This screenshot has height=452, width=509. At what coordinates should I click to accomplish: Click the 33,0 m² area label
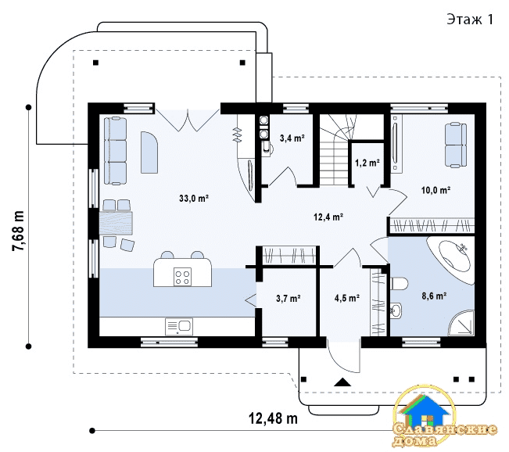click(x=193, y=198)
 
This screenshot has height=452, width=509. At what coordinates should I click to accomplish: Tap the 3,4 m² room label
click(x=292, y=138)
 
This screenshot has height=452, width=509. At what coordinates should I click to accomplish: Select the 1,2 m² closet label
click(x=367, y=163)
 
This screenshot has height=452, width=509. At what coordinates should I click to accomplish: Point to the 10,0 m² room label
click(x=436, y=189)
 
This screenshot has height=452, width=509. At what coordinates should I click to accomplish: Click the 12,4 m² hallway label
click(x=328, y=217)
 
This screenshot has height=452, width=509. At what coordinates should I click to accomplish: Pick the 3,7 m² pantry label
click(x=289, y=298)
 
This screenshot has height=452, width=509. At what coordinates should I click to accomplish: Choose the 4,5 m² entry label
click(x=346, y=298)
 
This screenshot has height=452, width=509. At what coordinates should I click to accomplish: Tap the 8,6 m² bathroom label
click(x=434, y=296)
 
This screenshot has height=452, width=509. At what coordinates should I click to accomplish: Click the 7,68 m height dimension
click(x=19, y=231)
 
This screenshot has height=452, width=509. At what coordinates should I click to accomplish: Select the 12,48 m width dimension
click(x=273, y=418)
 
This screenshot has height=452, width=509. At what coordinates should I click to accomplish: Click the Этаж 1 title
click(x=470, y=19)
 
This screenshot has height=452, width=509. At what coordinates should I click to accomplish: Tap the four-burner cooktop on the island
click(x=182, y=277)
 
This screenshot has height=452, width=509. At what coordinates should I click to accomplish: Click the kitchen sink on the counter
click(x=179, y=326)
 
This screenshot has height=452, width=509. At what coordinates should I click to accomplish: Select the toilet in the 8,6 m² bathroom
click(x=399, y=283)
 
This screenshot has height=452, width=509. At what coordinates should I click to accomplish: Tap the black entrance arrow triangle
click(x=342, y=382)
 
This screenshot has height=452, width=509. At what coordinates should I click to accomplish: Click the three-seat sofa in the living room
click(x=115, y=151)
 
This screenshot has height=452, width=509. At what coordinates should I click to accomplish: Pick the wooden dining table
click(x=116, y=223)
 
